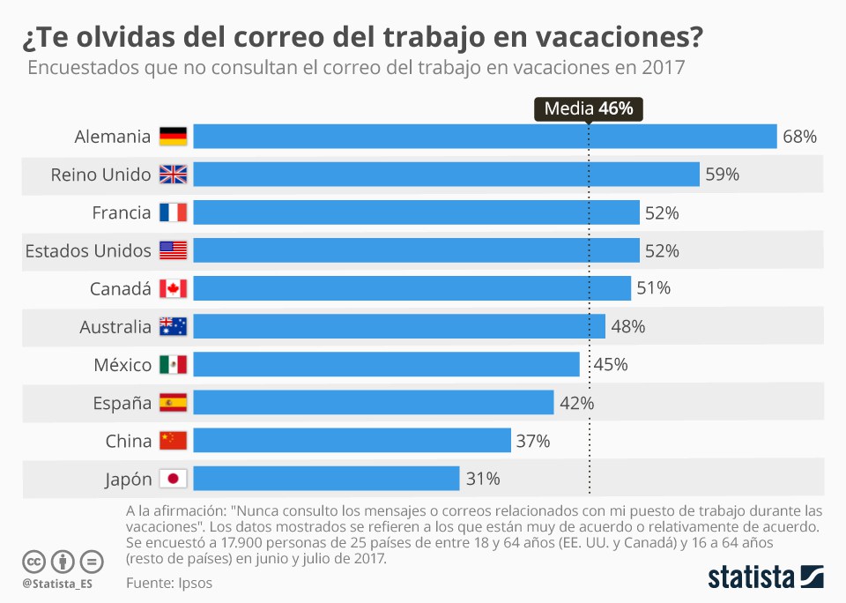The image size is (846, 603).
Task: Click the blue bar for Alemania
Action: pos(485,137)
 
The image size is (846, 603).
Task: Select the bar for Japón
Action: pos(326,479)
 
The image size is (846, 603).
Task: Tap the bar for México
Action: pos(386,364)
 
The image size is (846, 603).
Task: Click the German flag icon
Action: pos(173,137)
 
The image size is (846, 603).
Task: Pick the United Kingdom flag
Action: pos(173,175)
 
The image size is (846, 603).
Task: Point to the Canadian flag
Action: pos(173,288)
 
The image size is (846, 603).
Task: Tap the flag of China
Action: pos(173,441)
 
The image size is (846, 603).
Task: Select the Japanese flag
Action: pos(173,479)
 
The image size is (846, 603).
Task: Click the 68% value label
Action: pos(800,137)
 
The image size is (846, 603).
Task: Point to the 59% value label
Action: pos(722,175)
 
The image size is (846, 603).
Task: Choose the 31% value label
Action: pos(483,479)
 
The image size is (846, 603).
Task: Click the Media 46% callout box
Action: pos(589,108)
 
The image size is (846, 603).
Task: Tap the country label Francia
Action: pos(122,212)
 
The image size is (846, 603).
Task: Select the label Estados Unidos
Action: pos(88,250)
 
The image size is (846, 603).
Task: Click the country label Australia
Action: pos(115,327)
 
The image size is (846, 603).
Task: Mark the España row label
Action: pos(122,403)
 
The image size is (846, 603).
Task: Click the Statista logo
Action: pos(766,577)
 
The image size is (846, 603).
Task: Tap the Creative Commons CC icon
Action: pos(34,561)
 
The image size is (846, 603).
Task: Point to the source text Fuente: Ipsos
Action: pos(169,583)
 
